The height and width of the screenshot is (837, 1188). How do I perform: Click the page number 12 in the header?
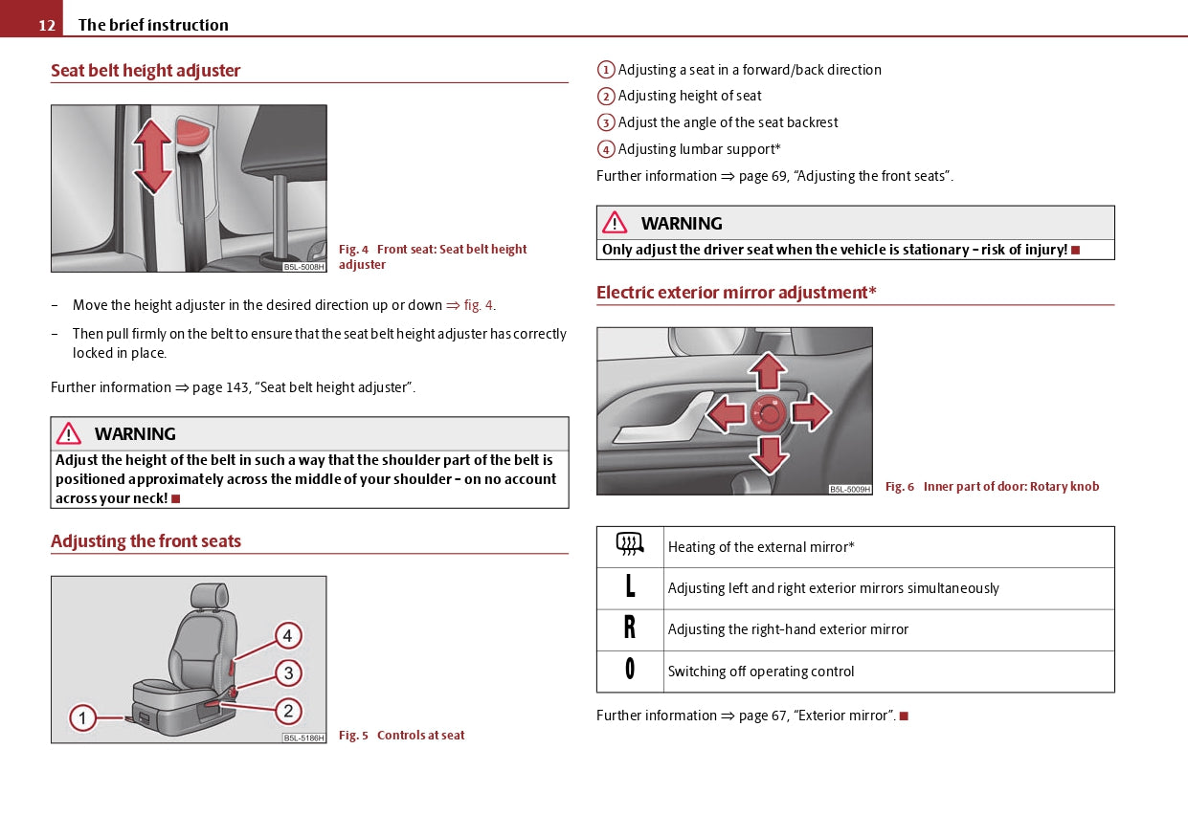(x=47, y=25)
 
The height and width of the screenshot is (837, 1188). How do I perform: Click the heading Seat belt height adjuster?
(x=146, y=71)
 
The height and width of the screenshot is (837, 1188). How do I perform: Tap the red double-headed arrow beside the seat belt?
(x=152, y=157)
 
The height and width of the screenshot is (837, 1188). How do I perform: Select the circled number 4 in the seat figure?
(x=287, y=635)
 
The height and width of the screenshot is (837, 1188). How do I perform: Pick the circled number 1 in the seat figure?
(x=82, y=717)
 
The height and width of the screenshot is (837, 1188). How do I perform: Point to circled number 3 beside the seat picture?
(x=288, y=672)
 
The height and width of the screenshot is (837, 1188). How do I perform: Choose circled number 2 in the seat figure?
(x=288, y=711)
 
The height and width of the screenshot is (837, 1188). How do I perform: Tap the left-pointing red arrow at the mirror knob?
(x=726, y=413)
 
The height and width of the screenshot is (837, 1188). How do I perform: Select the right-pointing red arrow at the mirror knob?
(x=811, y=412)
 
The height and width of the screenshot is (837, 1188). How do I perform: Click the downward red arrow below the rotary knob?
(x=769, y=454)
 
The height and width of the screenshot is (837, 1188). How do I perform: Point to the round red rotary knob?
(x=769, y=413)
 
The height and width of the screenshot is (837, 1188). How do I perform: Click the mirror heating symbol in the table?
(x=629, y=545)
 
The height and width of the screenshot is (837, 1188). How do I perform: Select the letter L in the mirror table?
(x=630, y=587)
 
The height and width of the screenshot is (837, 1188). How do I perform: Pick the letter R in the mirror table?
(x=630, y=628)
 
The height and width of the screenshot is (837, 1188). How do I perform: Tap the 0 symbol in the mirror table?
(x=630, y=670)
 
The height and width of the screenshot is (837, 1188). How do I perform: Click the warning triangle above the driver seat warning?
(x=615, y=223)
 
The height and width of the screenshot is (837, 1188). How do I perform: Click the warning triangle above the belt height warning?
(x=68, y=433)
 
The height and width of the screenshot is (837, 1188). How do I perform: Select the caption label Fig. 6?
(x=899, y=487)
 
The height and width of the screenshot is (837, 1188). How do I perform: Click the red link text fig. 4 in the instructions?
(x=478, y=305)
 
